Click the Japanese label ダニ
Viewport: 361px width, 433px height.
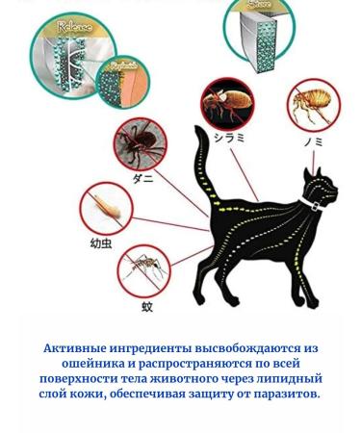coord(142,178)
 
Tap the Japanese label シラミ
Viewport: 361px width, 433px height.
coord(228,138)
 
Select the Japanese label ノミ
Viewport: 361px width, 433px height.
coord(313,140)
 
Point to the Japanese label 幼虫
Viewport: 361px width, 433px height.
coord(101,243)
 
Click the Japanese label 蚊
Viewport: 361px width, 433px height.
coord(147,307)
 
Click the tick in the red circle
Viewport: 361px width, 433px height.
coord(141,145)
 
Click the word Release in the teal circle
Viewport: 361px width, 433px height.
coord(74,28)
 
